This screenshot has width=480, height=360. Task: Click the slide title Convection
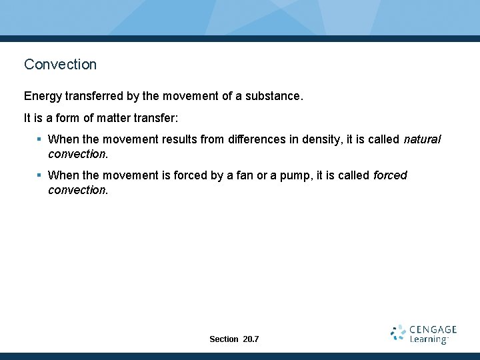[x=60, y=65]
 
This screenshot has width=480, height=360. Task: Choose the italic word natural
[x=422, y=139]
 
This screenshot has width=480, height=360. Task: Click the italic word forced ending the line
[x=390, y=175]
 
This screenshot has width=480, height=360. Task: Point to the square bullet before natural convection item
[x=40, y=139]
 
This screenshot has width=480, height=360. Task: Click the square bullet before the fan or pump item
[x=40, y=175]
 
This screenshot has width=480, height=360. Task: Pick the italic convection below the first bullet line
[x=77, y=154]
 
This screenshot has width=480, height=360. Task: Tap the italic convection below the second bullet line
[x=77, y=190]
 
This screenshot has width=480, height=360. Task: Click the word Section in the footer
[x=223, y=339]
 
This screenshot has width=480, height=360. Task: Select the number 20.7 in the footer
[x=251, y=339]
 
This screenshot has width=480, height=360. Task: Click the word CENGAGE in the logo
[x=433, y=329]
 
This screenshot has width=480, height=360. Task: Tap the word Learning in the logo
[x=429, y=339]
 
